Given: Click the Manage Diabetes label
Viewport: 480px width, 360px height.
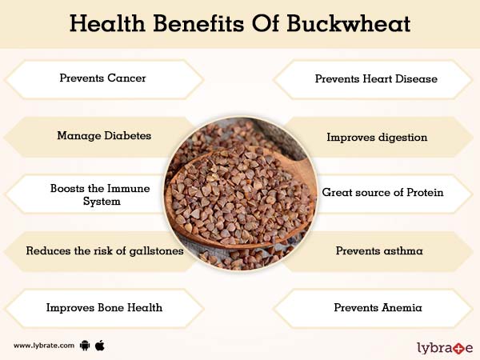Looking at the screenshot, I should tap(104, 136).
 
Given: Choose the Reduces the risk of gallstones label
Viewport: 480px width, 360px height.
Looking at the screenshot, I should tap(105, 250).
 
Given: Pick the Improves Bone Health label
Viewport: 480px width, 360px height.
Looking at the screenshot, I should tap(104, 307).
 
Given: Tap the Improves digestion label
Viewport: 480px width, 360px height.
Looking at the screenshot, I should tap(377, 137).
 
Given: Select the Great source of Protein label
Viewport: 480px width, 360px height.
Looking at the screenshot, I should tap(382, 193).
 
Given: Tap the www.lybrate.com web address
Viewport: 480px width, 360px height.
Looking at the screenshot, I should tap(44, 346).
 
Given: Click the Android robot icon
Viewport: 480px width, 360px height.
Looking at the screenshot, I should tap(86, 346).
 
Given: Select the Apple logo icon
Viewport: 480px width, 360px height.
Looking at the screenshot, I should tap(100, 345).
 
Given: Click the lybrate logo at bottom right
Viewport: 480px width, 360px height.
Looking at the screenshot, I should tap(445, 348).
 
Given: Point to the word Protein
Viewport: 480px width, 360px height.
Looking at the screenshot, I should tap(422, 193).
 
